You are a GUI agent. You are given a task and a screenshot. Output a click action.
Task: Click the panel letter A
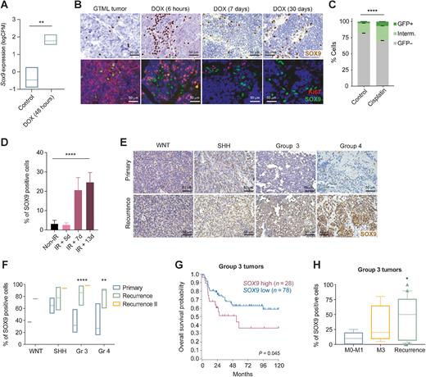(6, 7)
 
